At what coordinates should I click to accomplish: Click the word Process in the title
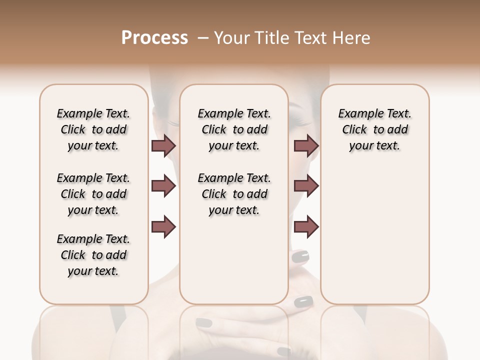pos(154,38)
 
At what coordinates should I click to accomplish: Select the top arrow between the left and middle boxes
pos(163,145)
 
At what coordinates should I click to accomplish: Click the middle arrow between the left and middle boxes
pos(163,186)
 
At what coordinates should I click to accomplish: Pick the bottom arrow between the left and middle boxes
pos(163,227)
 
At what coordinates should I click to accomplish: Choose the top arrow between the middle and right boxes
pos(306,145)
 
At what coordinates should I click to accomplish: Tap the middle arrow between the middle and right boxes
pos(306,186)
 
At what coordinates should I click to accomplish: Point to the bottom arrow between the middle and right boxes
pos(306,227)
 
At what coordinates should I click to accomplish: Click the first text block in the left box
pos(93,129)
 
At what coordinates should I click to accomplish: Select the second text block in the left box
pos(93,194)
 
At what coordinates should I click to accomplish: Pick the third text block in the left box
pos(93,255)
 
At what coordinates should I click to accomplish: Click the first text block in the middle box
pos(234,129)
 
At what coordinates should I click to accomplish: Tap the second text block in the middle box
pos(234,194)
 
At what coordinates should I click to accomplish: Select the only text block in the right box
pos(374,129)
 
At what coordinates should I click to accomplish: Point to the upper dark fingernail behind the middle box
pos(300,256)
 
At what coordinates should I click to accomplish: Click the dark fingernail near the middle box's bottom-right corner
pos(303,301)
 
